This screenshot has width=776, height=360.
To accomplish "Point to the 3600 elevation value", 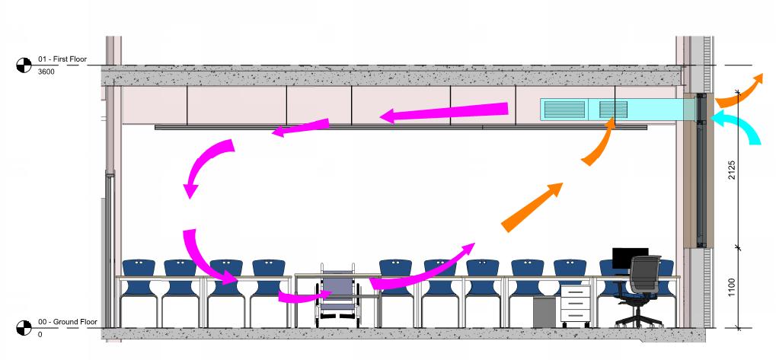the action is point(45,71).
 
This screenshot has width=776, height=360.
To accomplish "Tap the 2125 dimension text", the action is point(731,170).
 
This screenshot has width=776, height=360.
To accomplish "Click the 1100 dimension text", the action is point(731,288).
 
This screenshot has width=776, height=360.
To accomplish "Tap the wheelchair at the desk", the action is point(337,293).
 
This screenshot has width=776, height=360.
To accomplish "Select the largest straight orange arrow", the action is point(533,206).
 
